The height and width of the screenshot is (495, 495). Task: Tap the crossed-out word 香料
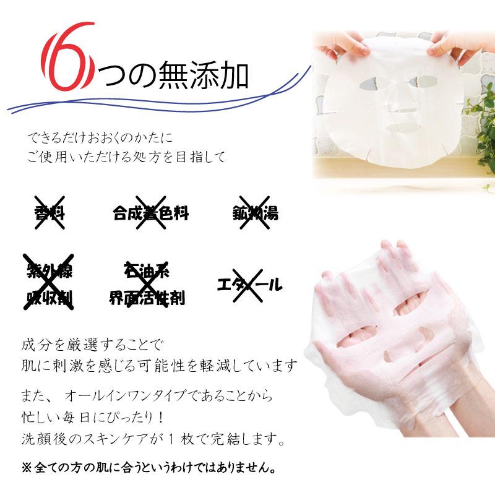coord(50,214)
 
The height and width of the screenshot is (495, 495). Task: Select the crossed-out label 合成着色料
coord(151,214)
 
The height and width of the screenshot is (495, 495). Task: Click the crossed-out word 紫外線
coord(50,270)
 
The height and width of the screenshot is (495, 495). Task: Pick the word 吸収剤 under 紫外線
coord(50,299)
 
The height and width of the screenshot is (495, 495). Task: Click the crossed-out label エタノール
coord(250,285)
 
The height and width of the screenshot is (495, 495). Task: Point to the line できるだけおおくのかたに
coord(98,136)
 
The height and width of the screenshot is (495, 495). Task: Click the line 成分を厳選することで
coord(93,345)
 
